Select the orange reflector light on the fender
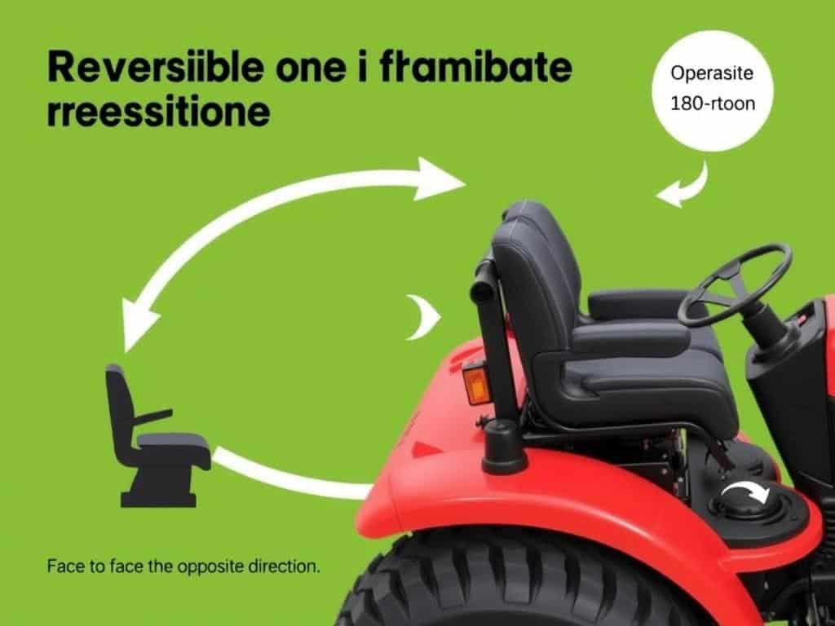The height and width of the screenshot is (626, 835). (x=475, y=381)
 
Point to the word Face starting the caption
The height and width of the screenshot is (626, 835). (x=64, y=566)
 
